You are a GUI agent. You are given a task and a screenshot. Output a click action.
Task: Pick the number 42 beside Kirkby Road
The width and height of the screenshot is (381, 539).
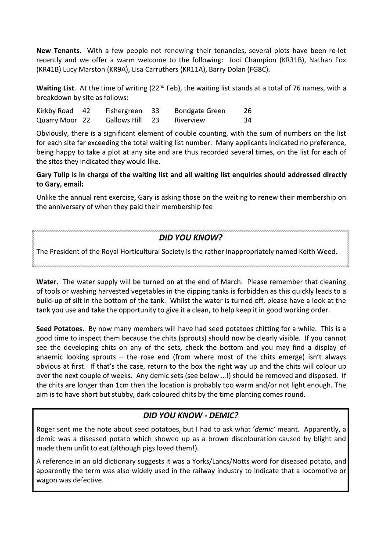[86, 111]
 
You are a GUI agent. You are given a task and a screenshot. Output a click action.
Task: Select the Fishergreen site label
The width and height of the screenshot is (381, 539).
[124, 111]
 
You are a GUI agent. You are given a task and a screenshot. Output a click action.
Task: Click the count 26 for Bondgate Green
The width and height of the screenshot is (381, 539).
[248, 111]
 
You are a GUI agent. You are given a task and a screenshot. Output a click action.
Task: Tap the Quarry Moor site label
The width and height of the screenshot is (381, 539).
[57, 120]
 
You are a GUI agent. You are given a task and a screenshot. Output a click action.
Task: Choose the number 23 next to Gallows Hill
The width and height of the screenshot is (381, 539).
[155, 120]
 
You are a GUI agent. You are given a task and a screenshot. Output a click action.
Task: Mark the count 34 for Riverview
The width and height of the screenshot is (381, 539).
[248, 120]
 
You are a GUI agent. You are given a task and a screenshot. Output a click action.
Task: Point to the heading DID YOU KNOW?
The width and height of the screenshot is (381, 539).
[190, 238]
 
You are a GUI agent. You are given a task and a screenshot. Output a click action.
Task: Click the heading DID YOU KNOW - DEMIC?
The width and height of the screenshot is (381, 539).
[190, 416]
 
